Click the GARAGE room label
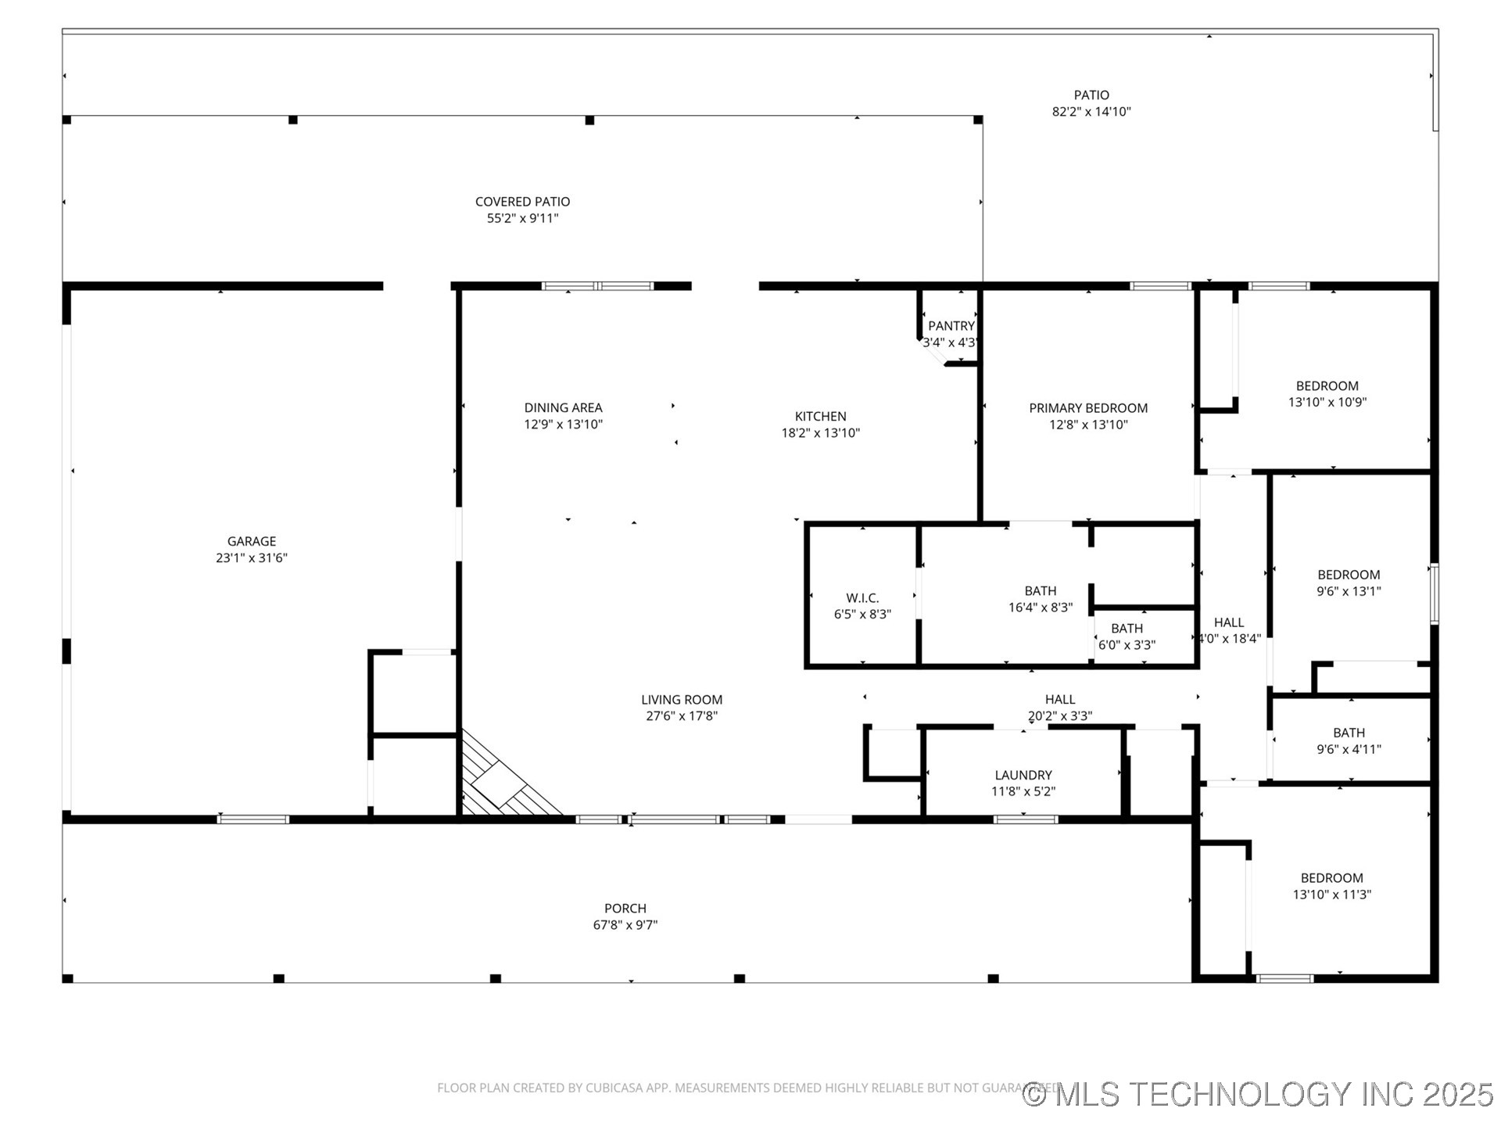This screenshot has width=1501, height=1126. (251, 541)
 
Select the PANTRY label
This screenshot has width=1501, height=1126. (951, 326)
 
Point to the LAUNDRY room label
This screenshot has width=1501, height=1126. (1023, 775)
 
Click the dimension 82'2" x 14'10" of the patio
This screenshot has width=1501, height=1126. (1091, 112)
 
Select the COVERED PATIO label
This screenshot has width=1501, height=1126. (522, 202)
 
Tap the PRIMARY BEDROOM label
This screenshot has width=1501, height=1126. (1087, 408)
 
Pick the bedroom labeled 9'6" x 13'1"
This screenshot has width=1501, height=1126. (1349, 583)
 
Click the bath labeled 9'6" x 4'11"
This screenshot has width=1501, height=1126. (1349, 741)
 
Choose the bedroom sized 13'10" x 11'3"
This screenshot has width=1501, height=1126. (1331, 886)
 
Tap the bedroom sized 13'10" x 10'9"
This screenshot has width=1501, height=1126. (1327, 393)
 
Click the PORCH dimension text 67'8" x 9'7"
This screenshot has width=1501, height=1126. (625, 925)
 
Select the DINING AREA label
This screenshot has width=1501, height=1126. (563, 407)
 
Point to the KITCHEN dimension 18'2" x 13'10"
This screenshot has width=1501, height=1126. (820, 433)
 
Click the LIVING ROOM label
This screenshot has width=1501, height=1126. (681, 700)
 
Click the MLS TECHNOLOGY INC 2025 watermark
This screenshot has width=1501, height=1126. (1258, 1094)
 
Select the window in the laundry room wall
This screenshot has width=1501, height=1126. (1026, 819)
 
